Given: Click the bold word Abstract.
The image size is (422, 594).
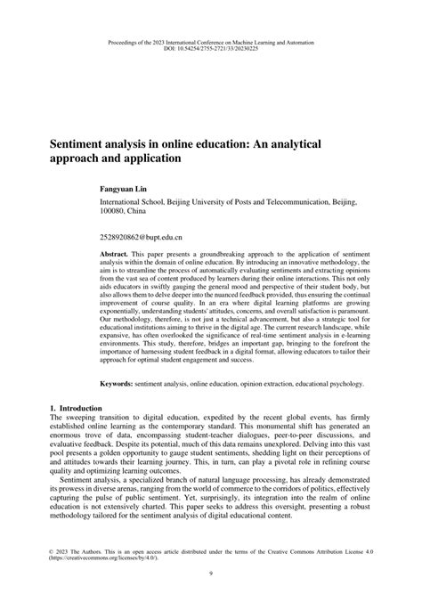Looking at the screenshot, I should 115,254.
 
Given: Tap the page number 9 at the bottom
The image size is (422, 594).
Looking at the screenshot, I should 211,573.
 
